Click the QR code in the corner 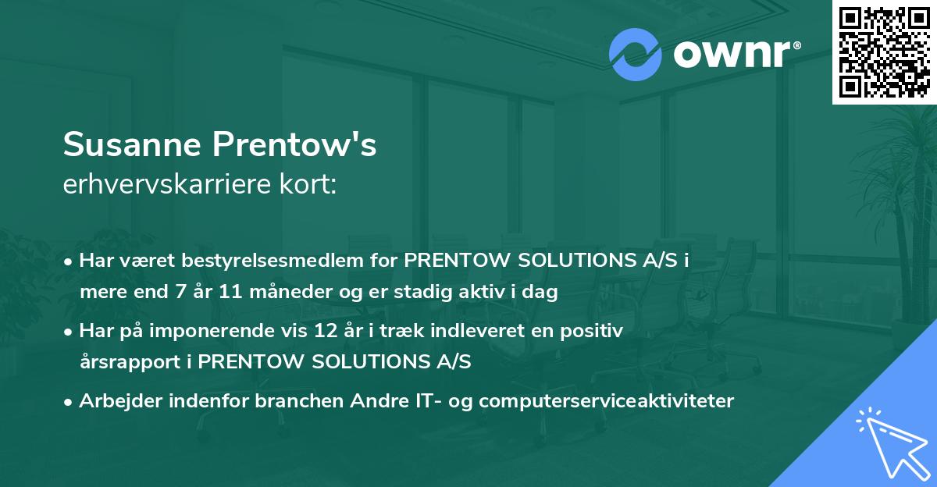[x=883, y=52]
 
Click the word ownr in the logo [x=732, y=55]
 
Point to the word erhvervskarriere [x=166, y=184]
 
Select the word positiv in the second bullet [x=595, y=331]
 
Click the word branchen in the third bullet [x=277, y=401]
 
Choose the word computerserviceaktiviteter [x=607, y=401]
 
